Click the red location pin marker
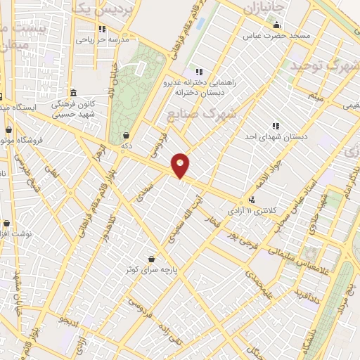point(181,165)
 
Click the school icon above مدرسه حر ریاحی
point(102,29)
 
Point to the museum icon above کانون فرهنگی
point(74,92)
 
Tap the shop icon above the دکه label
point(127,135)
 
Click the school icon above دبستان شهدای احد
point(276,126)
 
